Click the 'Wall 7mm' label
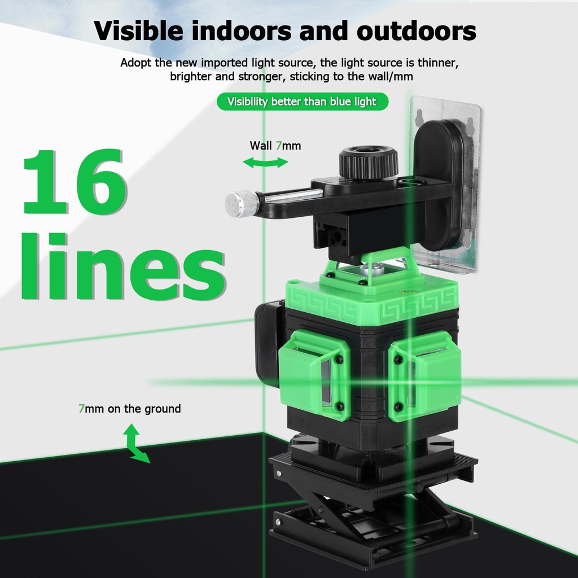pos(275,146)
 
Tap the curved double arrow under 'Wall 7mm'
pos(265,163)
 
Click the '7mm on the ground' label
pos(129,408)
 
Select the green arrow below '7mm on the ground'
pos(136,444)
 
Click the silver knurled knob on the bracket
pos(241,203)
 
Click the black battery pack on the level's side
pos(269,344)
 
